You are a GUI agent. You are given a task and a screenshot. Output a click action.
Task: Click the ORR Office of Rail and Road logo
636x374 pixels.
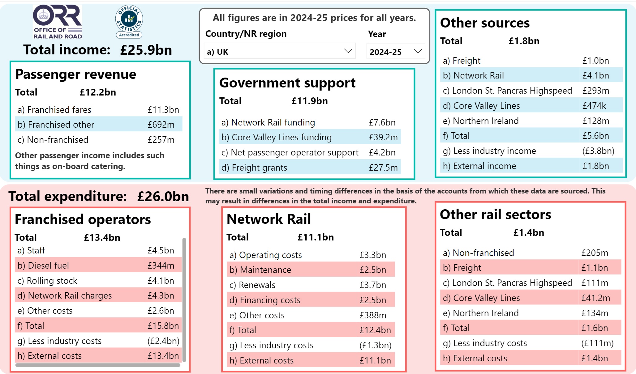[x=58, y=22]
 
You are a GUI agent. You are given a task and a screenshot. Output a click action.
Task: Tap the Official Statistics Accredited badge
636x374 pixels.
[x=129, y=22]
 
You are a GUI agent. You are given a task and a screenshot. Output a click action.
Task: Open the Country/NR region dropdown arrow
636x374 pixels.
[x=348, y=51]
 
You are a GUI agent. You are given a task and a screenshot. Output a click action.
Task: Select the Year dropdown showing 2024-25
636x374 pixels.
[x=395, y=52]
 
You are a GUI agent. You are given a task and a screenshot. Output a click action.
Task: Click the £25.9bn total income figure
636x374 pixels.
[x=146, y=50]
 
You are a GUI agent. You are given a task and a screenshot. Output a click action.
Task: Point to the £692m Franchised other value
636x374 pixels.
[x=161, y=125]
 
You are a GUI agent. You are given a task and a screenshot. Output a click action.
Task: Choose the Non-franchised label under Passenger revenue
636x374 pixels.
[x=57, y=140]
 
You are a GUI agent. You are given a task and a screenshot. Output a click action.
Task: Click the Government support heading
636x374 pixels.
[x=287, y=83]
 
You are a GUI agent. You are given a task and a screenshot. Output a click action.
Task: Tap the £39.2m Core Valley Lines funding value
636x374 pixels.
[x=383, y=137]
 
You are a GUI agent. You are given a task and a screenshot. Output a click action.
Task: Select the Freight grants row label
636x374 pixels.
[x=259, y=168]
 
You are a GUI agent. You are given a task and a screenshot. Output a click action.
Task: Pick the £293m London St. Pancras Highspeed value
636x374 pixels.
[x=595, y=91]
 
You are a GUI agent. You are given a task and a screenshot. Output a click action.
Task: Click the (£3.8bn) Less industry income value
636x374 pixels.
[x=598, y=151]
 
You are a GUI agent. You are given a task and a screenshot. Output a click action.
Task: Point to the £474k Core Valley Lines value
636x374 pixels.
[x=594, y=106]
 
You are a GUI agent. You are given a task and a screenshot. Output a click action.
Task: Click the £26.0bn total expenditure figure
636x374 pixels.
[x=163, y=197]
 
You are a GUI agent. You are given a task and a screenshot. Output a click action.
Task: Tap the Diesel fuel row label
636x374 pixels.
[x=48, y=266]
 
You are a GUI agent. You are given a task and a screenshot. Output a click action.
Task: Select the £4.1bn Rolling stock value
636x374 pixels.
[x=161, y=281]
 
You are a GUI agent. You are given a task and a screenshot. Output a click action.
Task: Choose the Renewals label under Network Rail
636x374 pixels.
[x=257, y=285]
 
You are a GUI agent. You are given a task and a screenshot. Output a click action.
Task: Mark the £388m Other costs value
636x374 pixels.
[x=373, y=315]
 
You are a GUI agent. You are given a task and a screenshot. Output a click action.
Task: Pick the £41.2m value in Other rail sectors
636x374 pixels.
[x=595, y=298]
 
